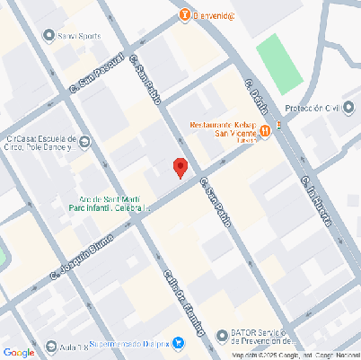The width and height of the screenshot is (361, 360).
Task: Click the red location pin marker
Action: tap(180, 167)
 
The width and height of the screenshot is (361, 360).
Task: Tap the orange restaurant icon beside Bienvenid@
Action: tap(185, 15)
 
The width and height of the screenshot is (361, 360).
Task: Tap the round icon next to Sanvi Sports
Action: tap(49, 36)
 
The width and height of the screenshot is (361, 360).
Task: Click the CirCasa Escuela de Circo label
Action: tap(40, 144)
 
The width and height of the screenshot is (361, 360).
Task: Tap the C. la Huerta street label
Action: tap(323, 201)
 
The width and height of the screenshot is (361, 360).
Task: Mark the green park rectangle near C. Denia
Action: tap(281, 63)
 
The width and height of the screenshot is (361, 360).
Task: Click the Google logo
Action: tap(18, 352)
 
